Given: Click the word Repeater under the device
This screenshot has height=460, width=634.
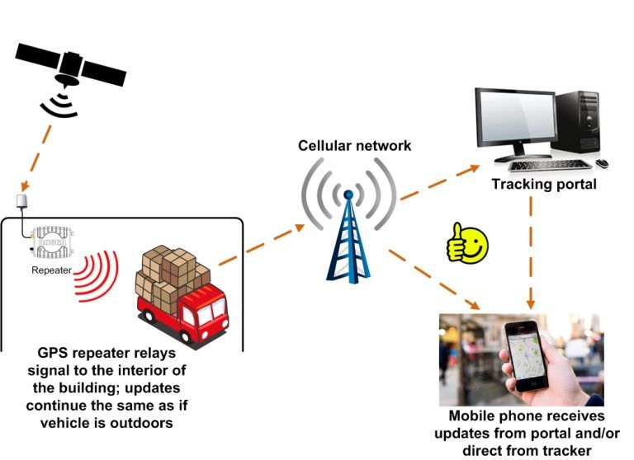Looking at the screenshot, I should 51,270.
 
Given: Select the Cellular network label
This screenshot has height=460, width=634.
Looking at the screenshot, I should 355,147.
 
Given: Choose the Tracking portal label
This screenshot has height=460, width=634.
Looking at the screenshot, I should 543,184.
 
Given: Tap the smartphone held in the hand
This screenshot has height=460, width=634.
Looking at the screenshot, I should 526,354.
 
